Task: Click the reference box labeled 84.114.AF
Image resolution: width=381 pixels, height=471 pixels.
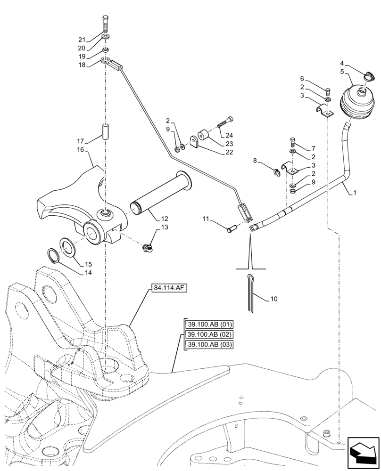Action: (170, 288)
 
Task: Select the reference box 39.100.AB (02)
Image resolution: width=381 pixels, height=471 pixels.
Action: (207, 334)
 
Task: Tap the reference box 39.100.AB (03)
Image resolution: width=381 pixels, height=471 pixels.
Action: (207, 344)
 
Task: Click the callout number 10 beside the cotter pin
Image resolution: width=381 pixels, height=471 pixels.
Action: (274, 299)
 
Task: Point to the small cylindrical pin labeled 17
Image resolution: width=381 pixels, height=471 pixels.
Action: (106, 130)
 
